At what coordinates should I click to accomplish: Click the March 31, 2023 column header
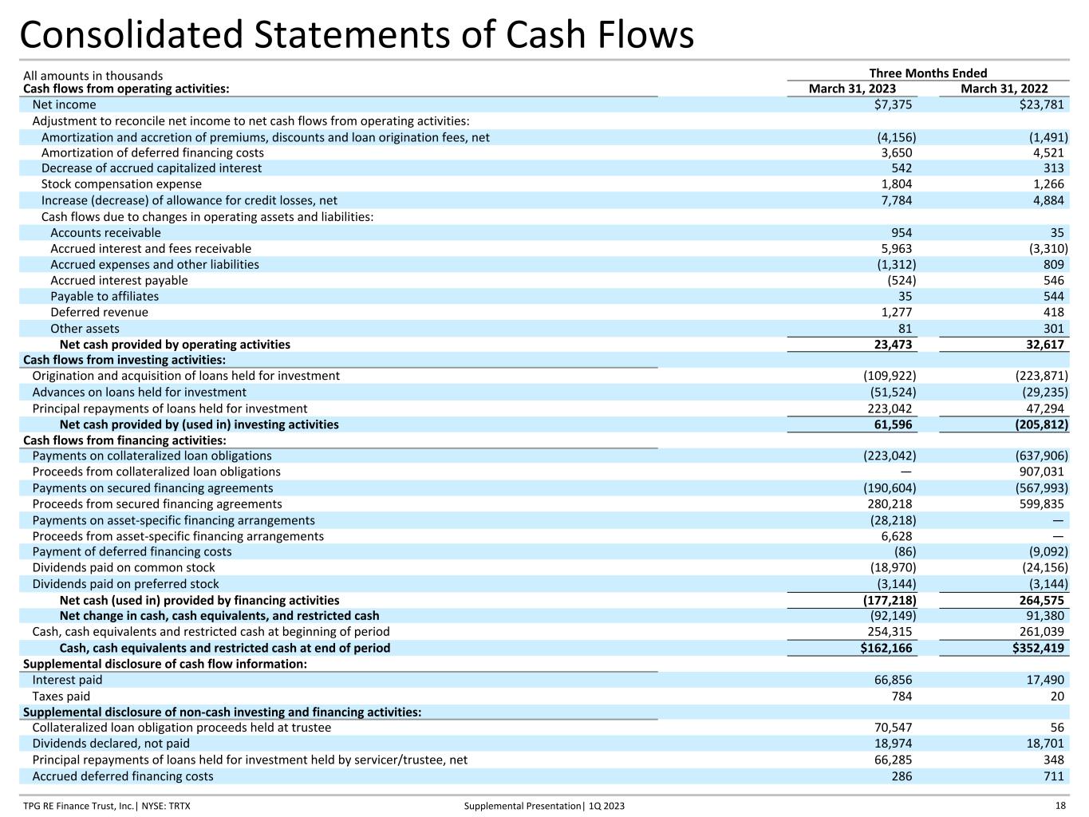coord(851,89)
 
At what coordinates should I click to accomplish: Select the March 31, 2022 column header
coord(1004,89)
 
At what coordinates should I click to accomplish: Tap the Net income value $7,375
coord(893,105)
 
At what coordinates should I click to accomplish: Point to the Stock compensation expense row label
coord(121,184)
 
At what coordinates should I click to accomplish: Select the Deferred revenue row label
coord(99,312)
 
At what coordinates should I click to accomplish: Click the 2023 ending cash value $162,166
coord(881,648)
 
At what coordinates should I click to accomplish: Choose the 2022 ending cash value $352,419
coord(1033,648)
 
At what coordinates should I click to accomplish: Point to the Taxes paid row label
coord(61,696)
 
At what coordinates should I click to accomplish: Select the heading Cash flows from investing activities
coord(124,360)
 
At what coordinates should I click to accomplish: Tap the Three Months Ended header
coord(928,73)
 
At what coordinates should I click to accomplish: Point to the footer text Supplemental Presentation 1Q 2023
coord(544,806)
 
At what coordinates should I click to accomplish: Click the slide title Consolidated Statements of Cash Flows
coord(357,35)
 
